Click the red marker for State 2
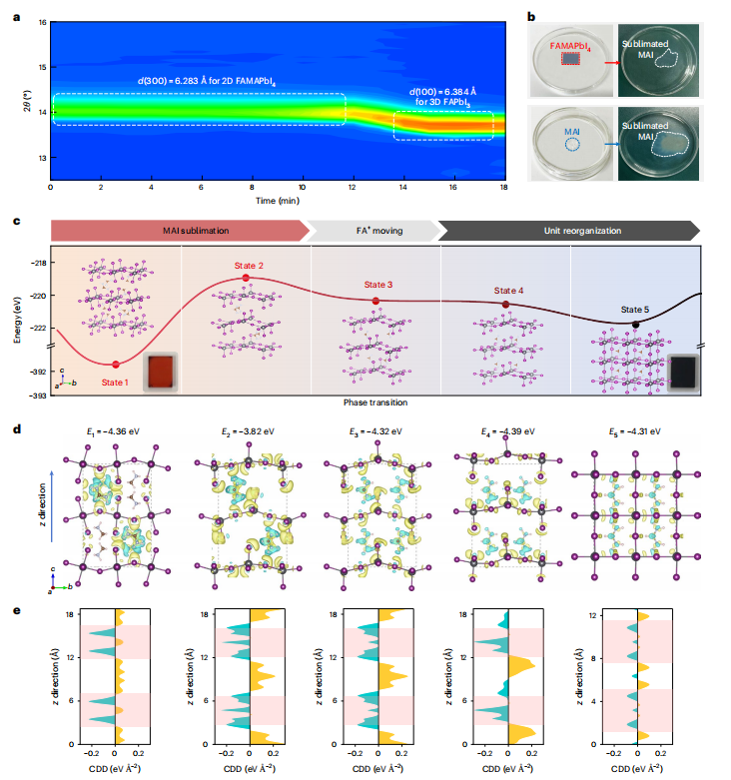click(246, 277)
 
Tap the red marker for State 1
click(116, 364)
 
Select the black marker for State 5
click(635, 324)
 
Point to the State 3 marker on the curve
click(375, 301)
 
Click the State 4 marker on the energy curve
click(506, 305)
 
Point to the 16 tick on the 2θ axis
click(41, 22)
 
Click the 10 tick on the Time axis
click(303, 187)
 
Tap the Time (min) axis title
click(279, 200)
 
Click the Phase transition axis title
click(375, 401)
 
